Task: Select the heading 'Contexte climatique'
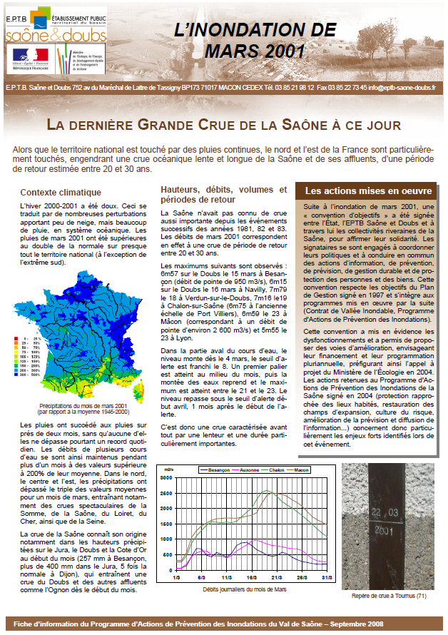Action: pos(61,193)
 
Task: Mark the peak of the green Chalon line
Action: pos(266,491)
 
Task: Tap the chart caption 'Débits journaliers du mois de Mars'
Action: pos(243,590)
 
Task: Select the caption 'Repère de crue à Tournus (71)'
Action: pos(389,595)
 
